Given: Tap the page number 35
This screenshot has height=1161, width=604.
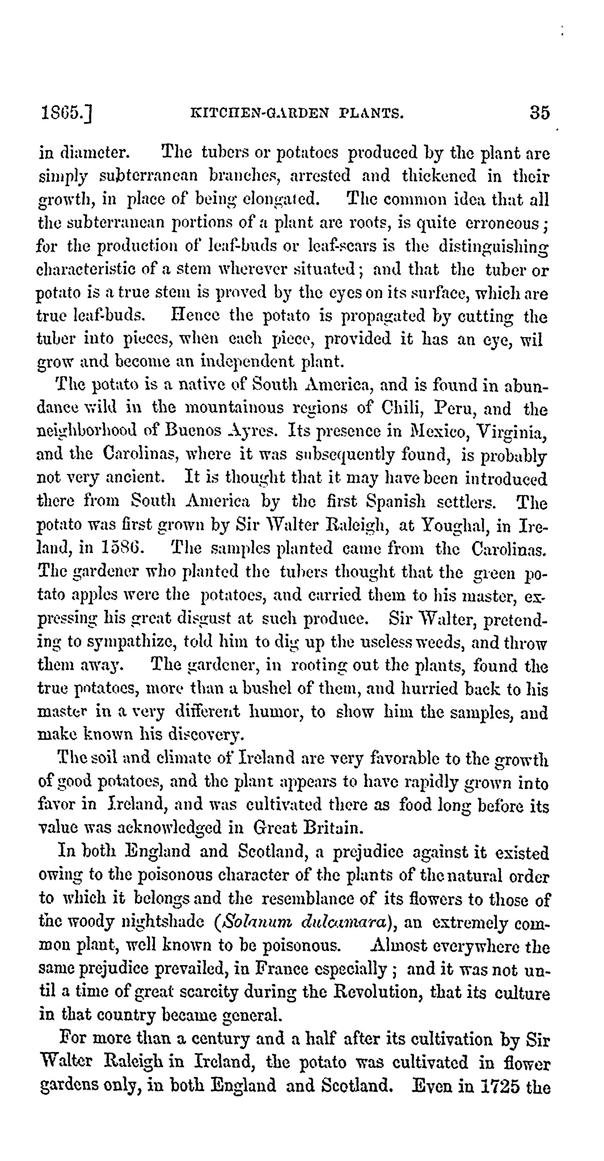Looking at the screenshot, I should pos(539,113).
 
